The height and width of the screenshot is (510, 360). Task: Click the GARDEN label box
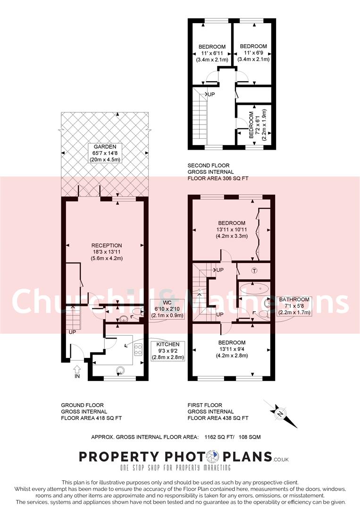point(105,153)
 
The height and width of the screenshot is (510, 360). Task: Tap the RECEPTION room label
point(107,252)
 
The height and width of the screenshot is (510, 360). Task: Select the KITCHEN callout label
point(168,350)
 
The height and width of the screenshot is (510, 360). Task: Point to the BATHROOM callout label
point(294,306)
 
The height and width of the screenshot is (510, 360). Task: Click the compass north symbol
point(279,414)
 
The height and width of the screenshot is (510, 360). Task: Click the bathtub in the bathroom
point(254,289)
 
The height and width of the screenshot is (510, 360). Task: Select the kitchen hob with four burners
point(138,349)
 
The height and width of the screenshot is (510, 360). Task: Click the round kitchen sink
point(120,370)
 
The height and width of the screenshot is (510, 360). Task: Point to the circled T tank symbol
point(254,271)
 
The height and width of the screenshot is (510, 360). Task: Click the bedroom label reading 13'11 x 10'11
point(232,229)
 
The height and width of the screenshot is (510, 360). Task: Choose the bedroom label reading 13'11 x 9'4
point(232,349)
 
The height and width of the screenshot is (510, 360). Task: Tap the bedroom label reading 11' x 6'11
point(212,53)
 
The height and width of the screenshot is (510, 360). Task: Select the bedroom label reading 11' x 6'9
point(253,53)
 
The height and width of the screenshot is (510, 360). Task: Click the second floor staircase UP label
point(211,94)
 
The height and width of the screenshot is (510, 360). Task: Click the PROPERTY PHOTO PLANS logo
point(184,459)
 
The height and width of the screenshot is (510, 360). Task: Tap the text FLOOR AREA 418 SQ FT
point(92,418)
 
